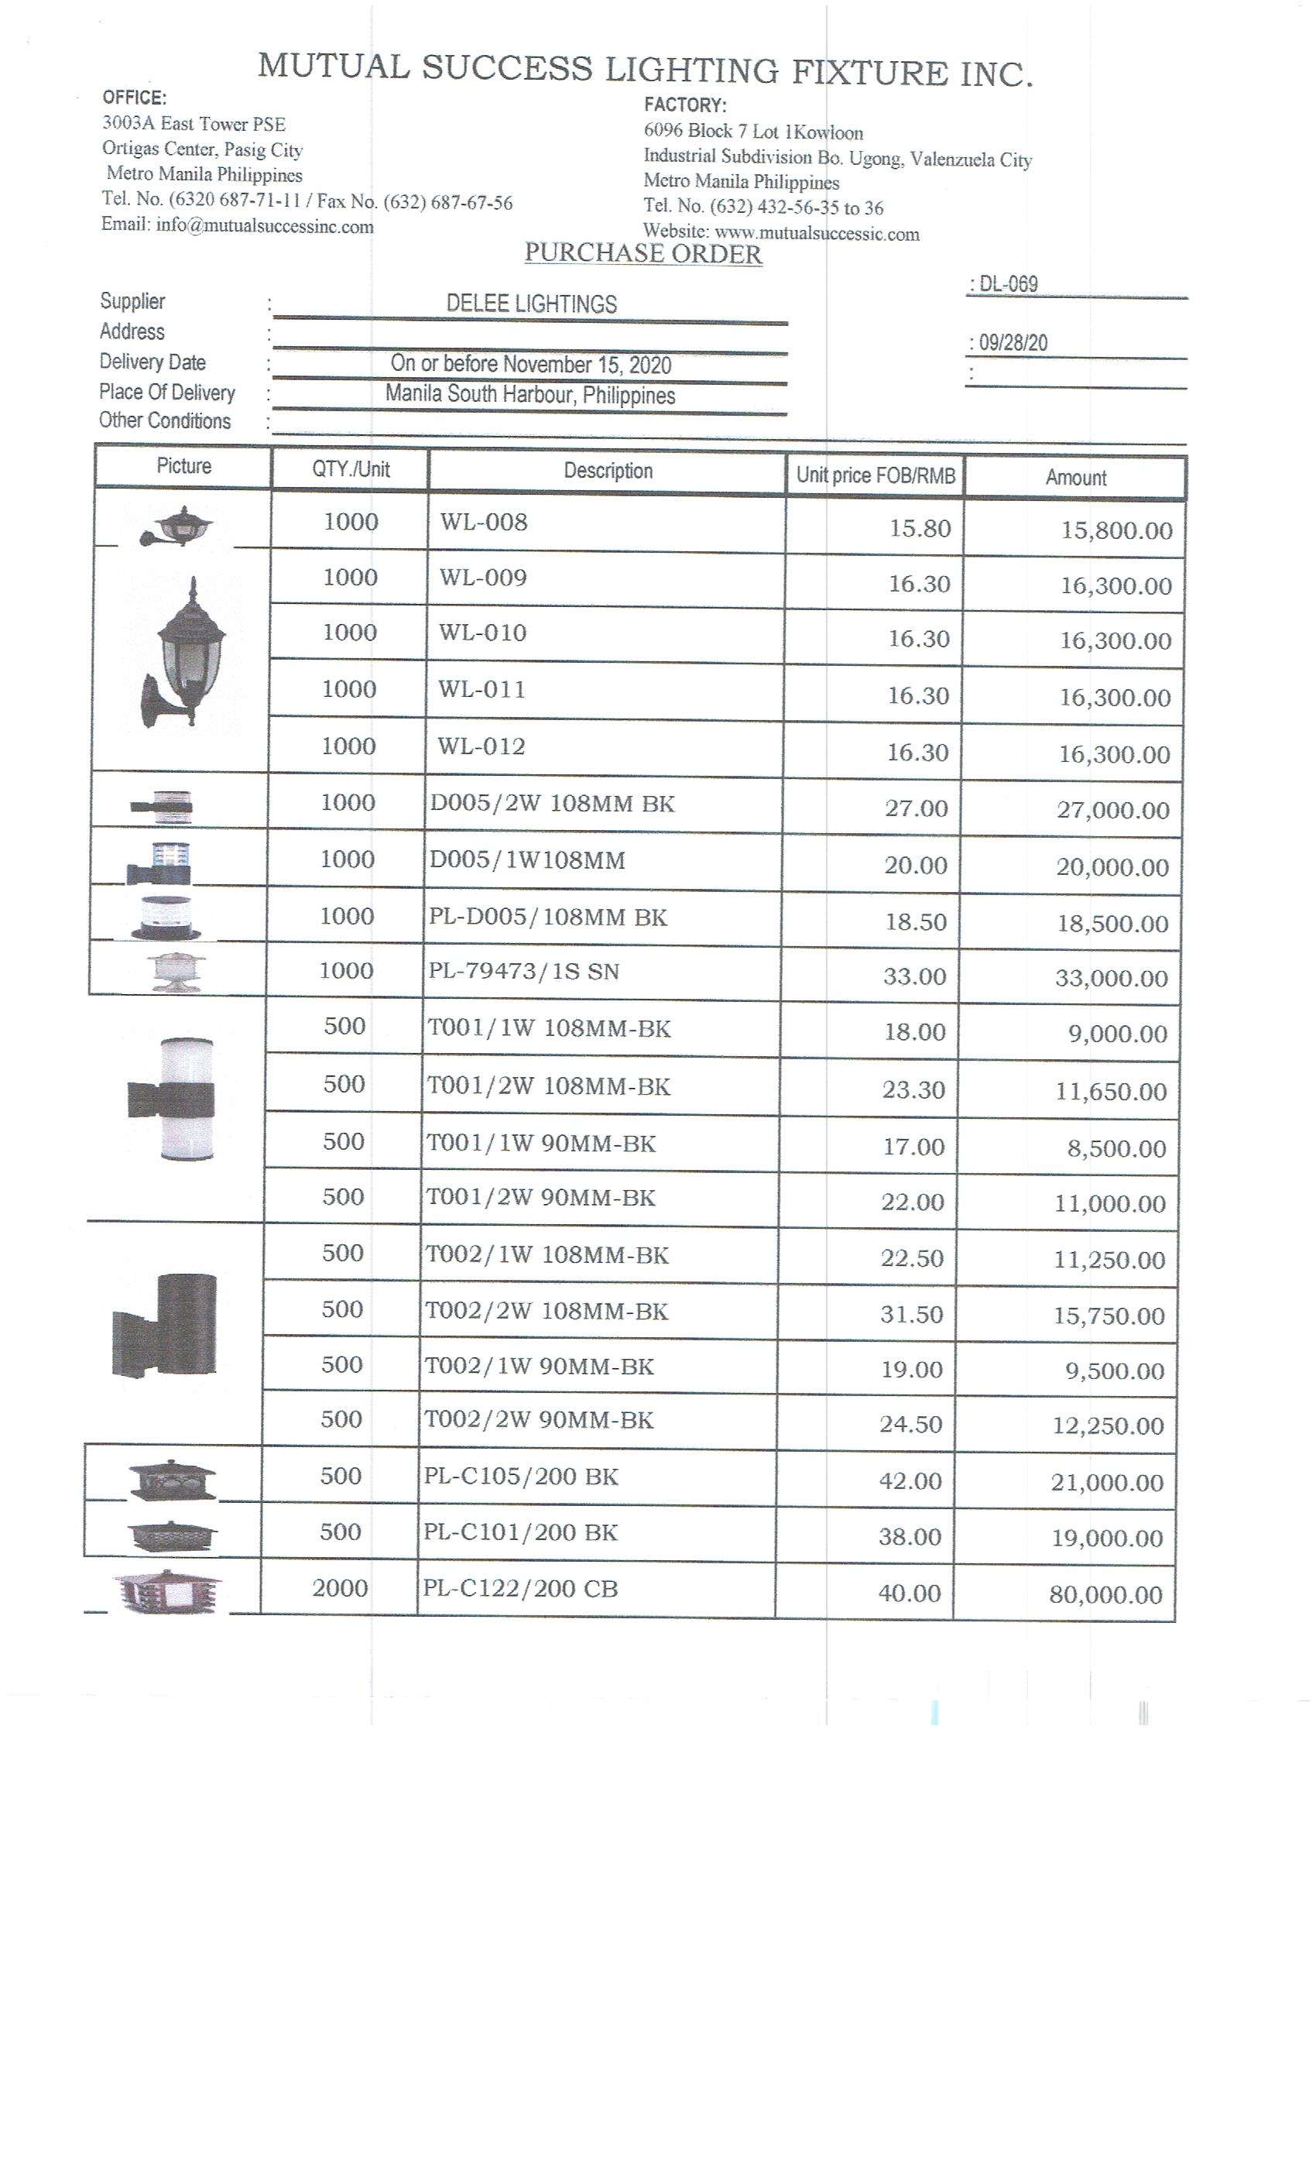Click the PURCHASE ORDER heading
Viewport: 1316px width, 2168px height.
tap(643, 253)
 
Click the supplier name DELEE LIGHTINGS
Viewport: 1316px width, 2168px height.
tap(531, 304)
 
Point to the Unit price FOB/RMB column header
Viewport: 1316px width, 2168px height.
tap(876, 476)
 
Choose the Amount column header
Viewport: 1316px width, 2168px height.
tap(1076, 478)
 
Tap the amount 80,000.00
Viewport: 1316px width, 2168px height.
tap(1105, 1595)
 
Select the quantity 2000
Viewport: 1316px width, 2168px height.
tap(340, 1588)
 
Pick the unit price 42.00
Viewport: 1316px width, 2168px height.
tap(910, 1480)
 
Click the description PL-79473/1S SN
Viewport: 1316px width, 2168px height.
tap(523, 972)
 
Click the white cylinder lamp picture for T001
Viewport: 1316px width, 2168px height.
tap(173, 1099)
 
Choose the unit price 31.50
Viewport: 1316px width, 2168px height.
tap(911, 1315)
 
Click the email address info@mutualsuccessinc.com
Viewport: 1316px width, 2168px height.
tap(264, 226)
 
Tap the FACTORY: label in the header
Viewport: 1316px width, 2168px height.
tap(685, 105)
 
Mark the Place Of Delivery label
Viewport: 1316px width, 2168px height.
tap(167, 393)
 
